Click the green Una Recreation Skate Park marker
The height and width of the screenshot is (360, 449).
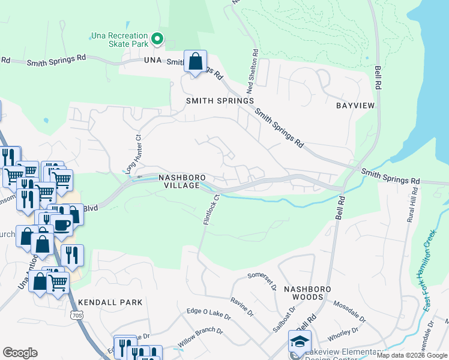[157, 40]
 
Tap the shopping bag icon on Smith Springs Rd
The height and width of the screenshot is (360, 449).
[195, 61]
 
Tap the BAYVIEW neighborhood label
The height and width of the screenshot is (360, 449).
[355, 106]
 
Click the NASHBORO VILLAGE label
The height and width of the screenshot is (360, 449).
[182, 182]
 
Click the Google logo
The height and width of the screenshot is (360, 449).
[20, 353]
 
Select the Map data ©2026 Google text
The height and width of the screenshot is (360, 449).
[411, 355]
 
